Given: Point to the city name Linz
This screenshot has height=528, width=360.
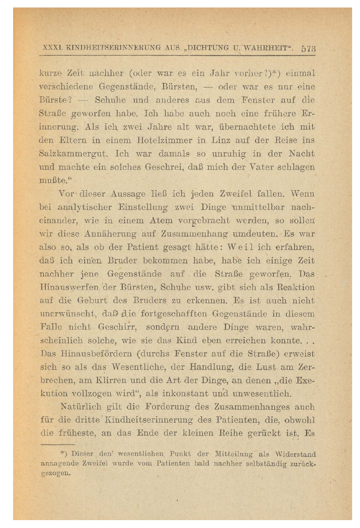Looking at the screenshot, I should [221, 140].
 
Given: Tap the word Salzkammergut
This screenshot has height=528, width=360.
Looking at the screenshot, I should [73, 154].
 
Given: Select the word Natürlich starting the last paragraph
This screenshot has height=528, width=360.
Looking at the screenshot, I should [80, 407].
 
